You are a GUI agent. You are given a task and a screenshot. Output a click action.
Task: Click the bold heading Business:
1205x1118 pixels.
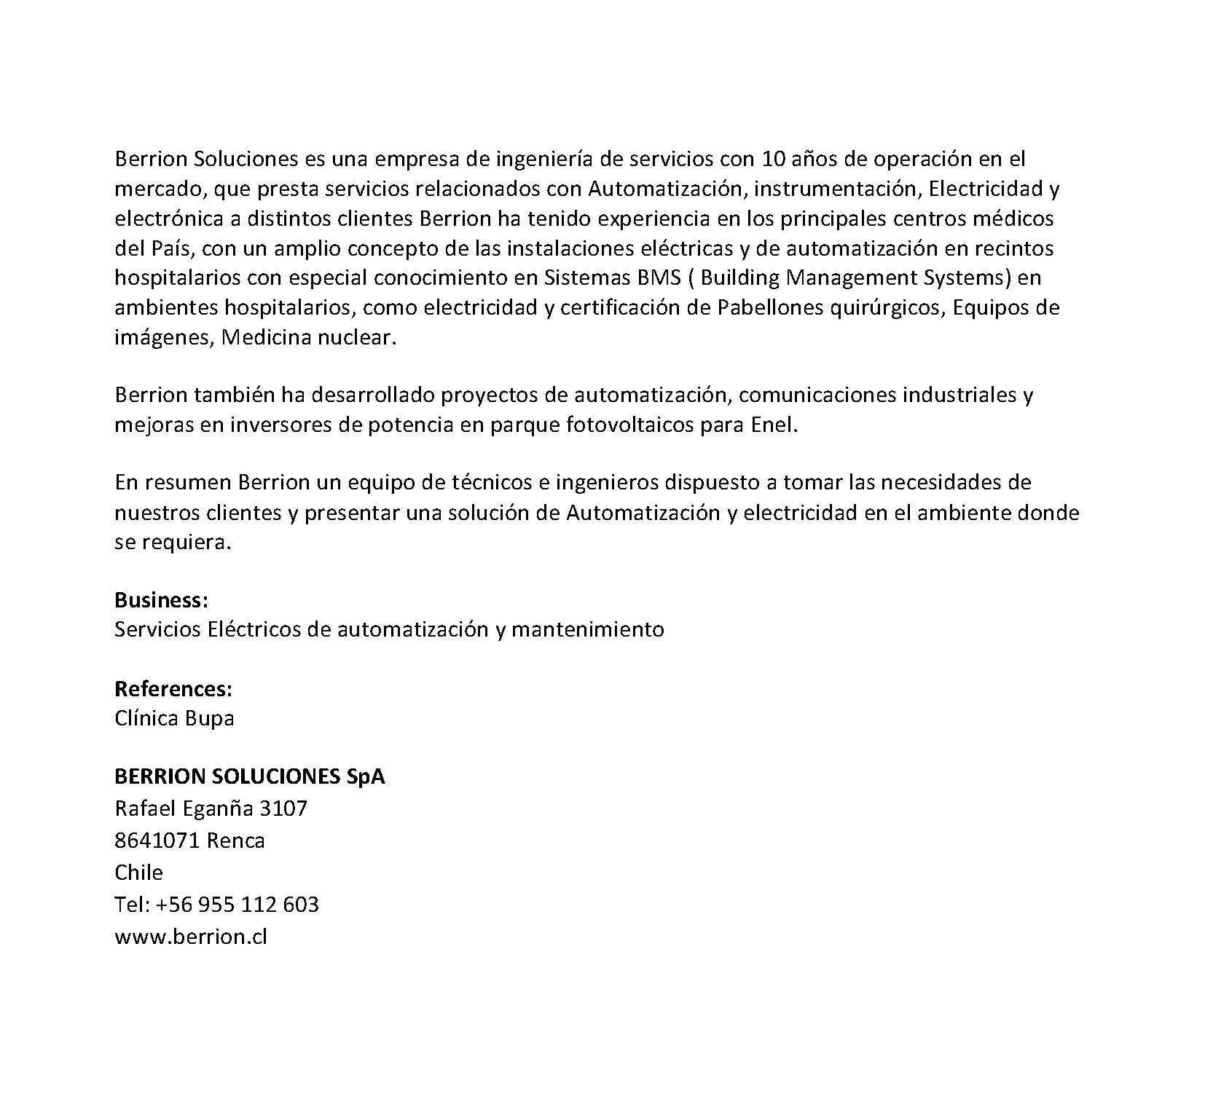[x=162, y=600]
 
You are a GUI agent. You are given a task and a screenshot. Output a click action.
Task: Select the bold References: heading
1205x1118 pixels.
[x=173, y=689]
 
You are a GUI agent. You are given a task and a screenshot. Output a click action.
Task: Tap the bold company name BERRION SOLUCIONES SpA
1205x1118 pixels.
[x=250, y=776]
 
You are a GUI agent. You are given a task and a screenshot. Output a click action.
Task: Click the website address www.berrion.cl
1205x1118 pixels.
[x=191, y=937]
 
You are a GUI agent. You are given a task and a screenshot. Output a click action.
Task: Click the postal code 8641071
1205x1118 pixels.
[x=157, y=841]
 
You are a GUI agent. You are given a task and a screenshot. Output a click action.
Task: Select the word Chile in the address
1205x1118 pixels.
[x=138, y=873]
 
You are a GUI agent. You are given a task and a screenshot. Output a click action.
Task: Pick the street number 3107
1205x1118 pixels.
[x=283, y=808]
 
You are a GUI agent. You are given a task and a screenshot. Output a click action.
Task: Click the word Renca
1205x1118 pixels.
[x=235, y=841]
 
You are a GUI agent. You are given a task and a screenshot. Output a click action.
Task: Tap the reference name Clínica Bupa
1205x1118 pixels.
[x=174, y=719]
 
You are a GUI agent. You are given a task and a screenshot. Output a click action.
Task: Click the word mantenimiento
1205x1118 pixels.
[x=588, y=630]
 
